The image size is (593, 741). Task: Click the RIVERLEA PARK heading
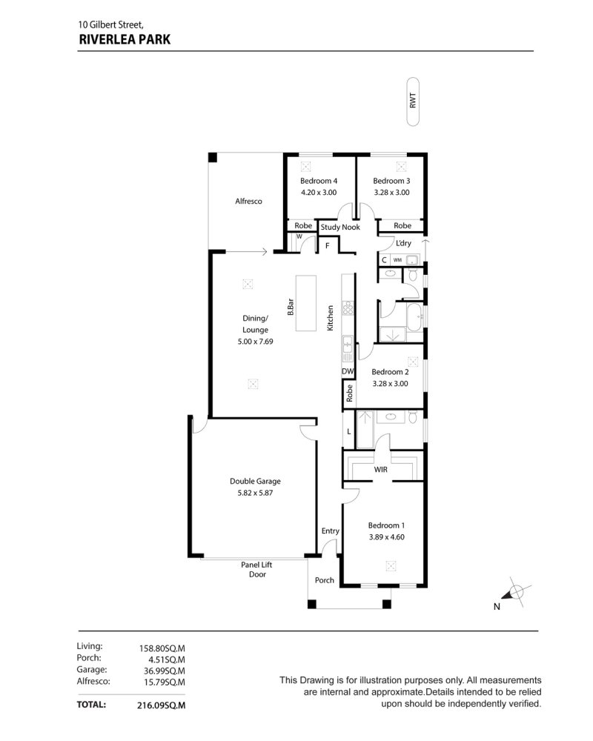coord(125,39)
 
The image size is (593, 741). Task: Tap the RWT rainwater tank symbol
coord(413,102)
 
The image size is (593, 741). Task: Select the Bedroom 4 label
coord(319,181)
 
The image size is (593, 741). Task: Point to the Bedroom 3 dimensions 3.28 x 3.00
coord(391,193)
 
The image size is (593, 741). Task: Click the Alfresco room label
coord(248,201)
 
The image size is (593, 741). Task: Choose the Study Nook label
coord(340,227)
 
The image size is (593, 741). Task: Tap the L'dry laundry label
coord(403,243)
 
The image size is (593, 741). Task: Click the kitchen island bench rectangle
coord(306,304)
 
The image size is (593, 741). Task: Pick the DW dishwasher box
coord(348,371)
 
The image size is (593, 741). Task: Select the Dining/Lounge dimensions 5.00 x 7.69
coord(255,341)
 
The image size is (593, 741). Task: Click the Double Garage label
coord(255,481)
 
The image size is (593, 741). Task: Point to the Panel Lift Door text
coord(256,569)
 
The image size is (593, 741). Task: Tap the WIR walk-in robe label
coord(381,469)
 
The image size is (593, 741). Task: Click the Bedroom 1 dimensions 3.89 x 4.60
coord(387,536)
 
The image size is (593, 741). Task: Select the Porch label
coord(325,580)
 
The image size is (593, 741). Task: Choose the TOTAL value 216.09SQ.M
coord(162,705)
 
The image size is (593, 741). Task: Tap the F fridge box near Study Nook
coord(327,246)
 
